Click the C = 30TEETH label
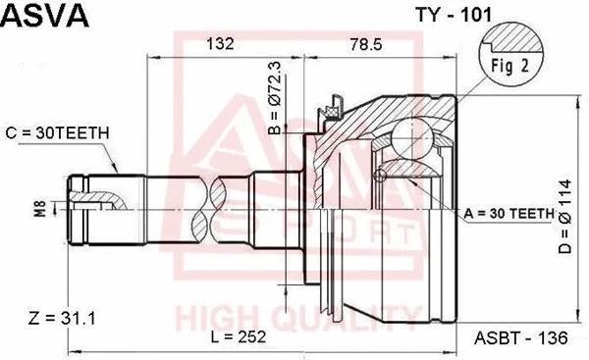click(58, 131)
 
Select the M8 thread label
click(39, 207)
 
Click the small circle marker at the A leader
click(380, 177)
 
